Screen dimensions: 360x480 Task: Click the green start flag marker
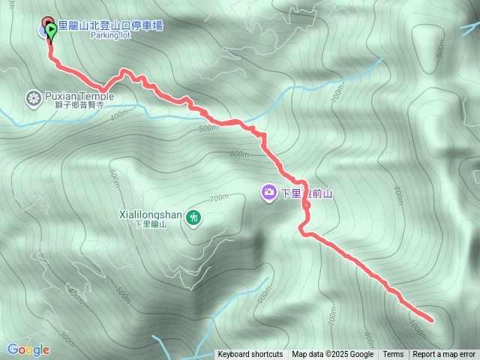pyautogui.click(x=50, y=30)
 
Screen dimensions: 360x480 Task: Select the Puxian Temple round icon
pyautogui.click(x=33, y=97)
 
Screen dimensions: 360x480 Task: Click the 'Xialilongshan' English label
pyautogui.click(x=150, y=214)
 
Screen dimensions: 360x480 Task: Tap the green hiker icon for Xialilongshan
pyautogui.click(x=193, y=217)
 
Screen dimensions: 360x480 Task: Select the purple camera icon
pyautogui.click(x=268, y=193)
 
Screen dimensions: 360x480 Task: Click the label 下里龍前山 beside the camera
pyautogui.click(x=307, y=193)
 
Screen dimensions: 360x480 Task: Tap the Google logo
pyautogui.click(x=28, y=349)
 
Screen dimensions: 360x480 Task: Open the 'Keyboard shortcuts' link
pyautogui.click(x=250, y=355)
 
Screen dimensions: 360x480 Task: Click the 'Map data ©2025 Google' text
pyautogui.click(x=332, y=355)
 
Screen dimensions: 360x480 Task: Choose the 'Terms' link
pyautogui.click(x=393, y=355)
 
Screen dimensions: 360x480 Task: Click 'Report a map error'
pyautogui.click(x=444, y=355)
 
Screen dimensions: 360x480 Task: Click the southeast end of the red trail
pyautogui.click(x=432, y=320)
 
